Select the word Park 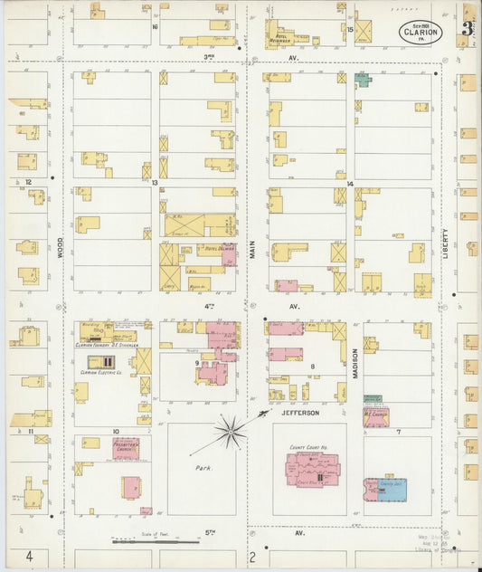pyautogui.click(x=203, y=469)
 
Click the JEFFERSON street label pyautogui.click(x=299, y=413)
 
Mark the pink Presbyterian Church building pyautogui.click(x=126, y=449)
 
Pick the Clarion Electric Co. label pyautogui.click(x=102, y=372)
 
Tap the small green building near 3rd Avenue pyautogui.click(x=363, y=80)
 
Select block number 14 pyautogui.click(x=349, y=184)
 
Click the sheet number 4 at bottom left pyautogui.click(x=29, y=555)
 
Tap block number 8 pyautogui.click(x=312, y=367)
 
